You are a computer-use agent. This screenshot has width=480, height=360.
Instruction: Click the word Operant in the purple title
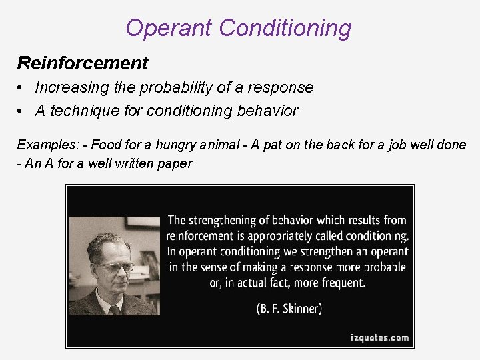(169, 29)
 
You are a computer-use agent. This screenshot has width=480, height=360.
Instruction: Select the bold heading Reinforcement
(83, 63)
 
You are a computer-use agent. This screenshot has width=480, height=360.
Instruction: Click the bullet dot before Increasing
(22, 87)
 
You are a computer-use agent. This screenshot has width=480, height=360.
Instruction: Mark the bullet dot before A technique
(22, 111)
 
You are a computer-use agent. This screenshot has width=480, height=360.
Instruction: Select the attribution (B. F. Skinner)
(289, 309)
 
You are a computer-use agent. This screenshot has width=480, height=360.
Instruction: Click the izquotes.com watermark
(380, 338)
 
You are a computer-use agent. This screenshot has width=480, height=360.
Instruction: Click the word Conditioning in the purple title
(285, 29)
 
